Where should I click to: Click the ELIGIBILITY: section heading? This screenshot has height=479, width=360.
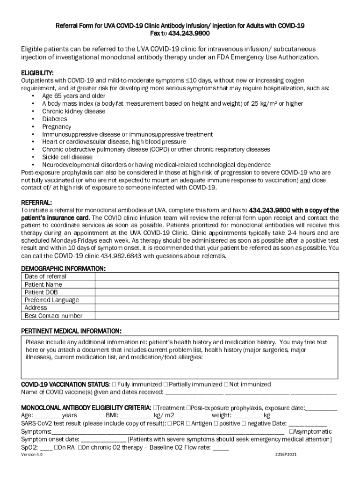click(x=37, y=73)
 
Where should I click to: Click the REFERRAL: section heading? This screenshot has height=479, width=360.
click(x=36, y=203)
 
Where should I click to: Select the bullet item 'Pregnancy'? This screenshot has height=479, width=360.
click(x=57, y=127)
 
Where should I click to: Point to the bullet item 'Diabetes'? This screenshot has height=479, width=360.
click(x=55, y=119)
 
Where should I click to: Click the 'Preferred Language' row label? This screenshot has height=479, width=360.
click(x=52, y=300)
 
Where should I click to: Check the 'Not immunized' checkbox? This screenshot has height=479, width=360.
click(x=226, y=385)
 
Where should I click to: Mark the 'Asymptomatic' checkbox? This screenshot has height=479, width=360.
click(x=292, y=431)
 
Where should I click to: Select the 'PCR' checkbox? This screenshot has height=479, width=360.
click(x=169, y=423)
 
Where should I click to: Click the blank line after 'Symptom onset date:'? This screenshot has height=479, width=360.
click(x=103, y=439)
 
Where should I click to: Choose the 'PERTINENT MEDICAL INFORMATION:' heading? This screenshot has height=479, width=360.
click(x=72, y=331)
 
